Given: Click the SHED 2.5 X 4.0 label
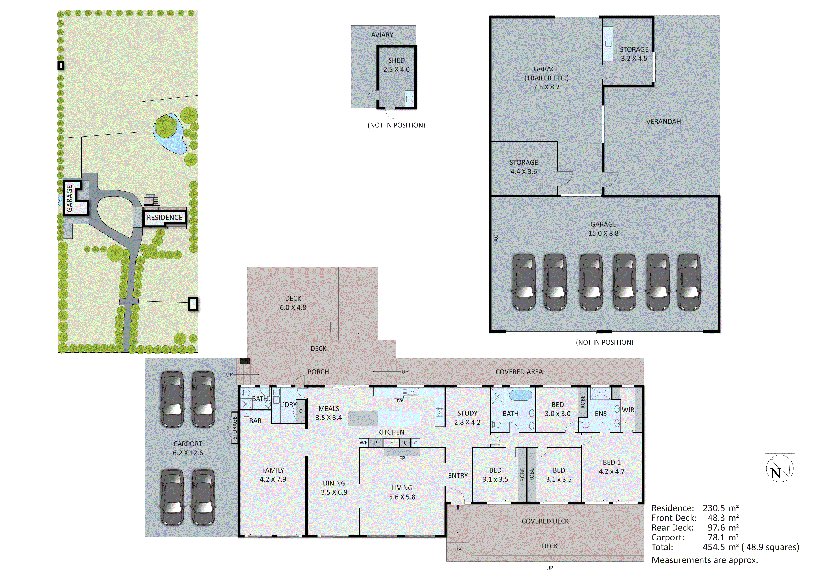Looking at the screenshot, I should [396, 65].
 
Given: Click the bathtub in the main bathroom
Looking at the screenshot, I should [520, 396].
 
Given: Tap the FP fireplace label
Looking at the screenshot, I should [402, 458].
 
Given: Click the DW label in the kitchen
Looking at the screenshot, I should [398, 400].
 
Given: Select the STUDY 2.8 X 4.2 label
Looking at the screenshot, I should [467, 417].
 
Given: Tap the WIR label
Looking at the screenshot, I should [628, 410].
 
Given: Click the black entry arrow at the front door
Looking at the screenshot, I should [458, 507].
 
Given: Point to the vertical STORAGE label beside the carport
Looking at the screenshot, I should [234, 428].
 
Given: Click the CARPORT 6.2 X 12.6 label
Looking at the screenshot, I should [188, 448].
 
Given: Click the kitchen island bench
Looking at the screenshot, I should [383, 418].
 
